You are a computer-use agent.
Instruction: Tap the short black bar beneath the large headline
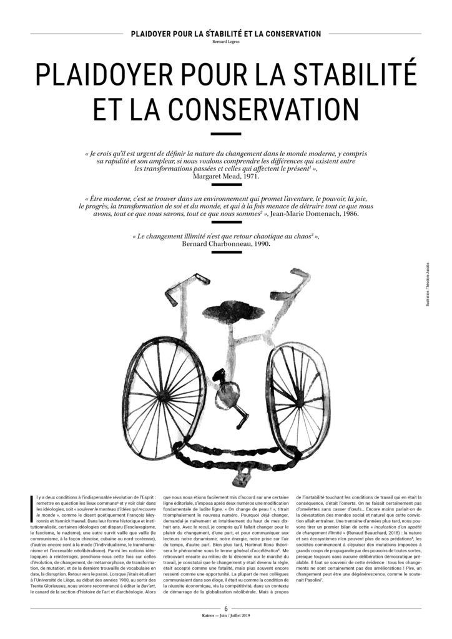[225, 134]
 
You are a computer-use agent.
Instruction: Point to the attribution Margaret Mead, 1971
[225, 177]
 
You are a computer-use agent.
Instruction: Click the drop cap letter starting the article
[32, 505]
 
